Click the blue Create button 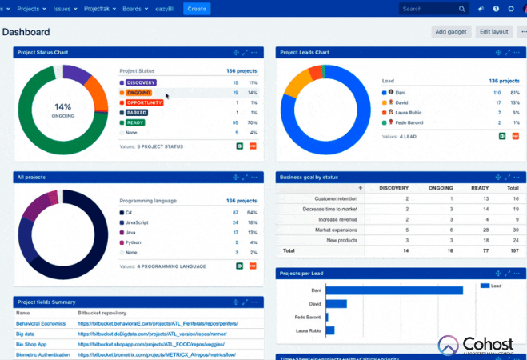pos(197,9)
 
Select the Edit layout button pos(494,32)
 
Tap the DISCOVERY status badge pos(141,82)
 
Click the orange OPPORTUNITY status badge pos(144,102)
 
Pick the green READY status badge pos(135,122)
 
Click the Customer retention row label pos(337,198)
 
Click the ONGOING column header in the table pos(439,188)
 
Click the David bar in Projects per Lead pos(336,304)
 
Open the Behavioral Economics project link pos(40,324)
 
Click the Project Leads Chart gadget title pos(304,53)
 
